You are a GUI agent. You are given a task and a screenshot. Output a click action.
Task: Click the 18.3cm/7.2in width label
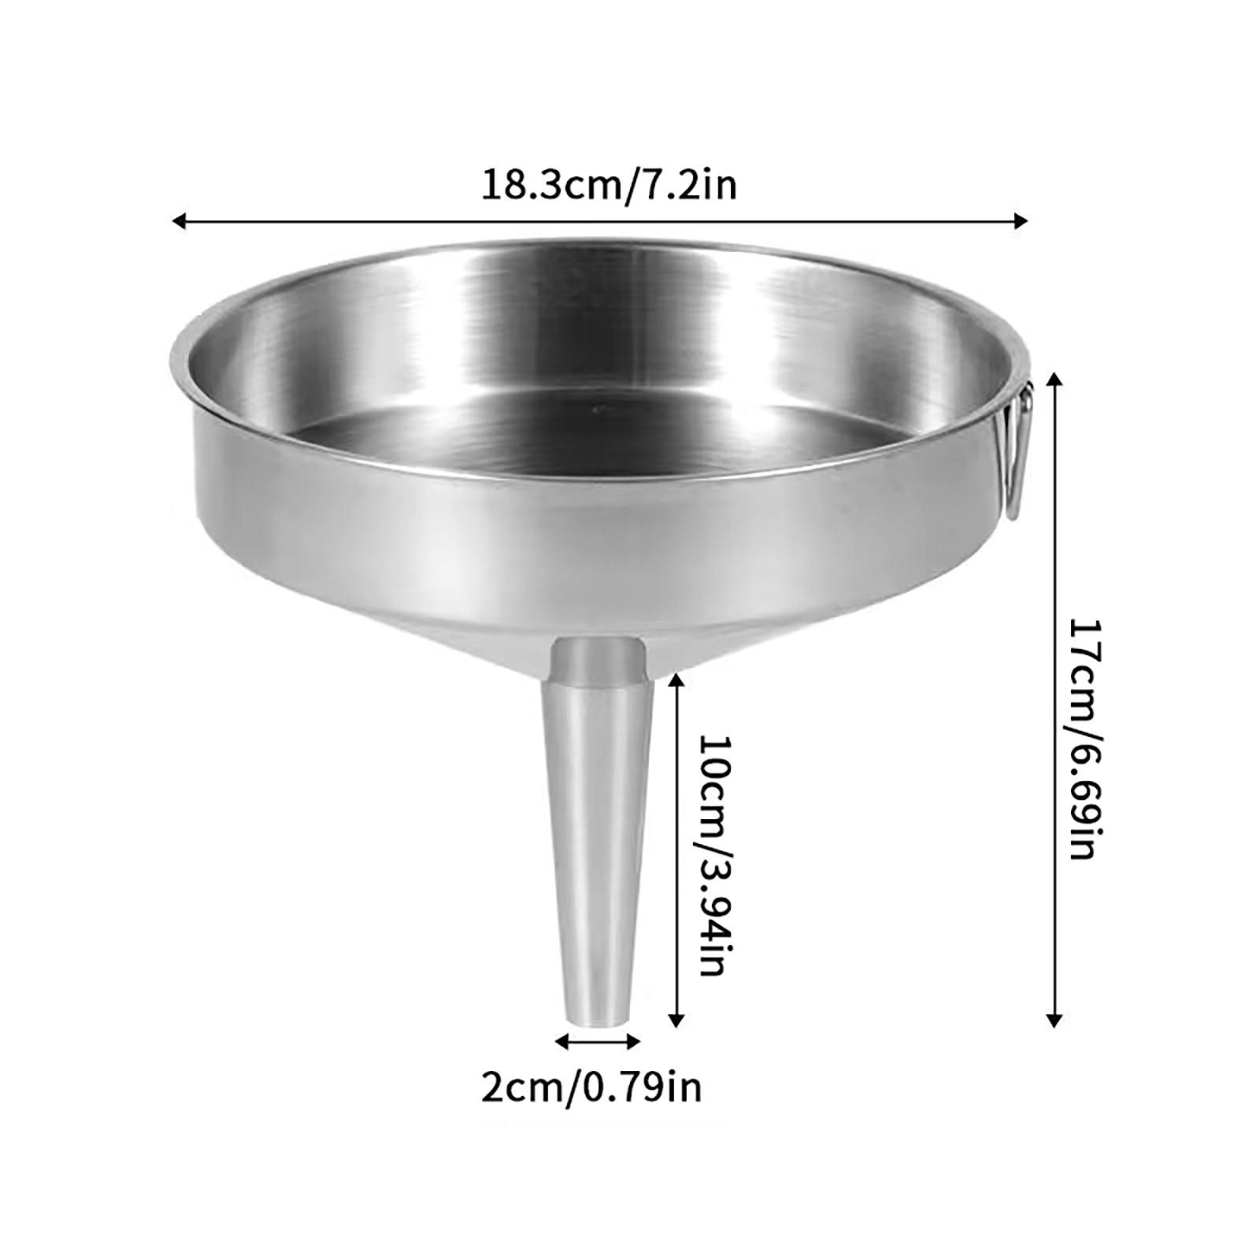point(609,187)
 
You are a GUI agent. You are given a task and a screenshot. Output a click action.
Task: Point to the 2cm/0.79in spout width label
point(591,1088)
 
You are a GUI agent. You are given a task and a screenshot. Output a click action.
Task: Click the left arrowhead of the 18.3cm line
point(179,221)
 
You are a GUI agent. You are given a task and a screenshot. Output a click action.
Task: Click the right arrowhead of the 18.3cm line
point(1021,221)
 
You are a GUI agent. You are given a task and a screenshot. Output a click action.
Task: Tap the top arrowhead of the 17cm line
point(1055,382)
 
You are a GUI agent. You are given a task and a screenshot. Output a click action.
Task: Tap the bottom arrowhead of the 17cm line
point(1055,1020)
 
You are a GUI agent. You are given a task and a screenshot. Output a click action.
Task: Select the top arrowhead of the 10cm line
point(676,679)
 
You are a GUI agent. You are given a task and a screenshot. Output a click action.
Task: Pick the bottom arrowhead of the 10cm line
point(676,1020)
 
